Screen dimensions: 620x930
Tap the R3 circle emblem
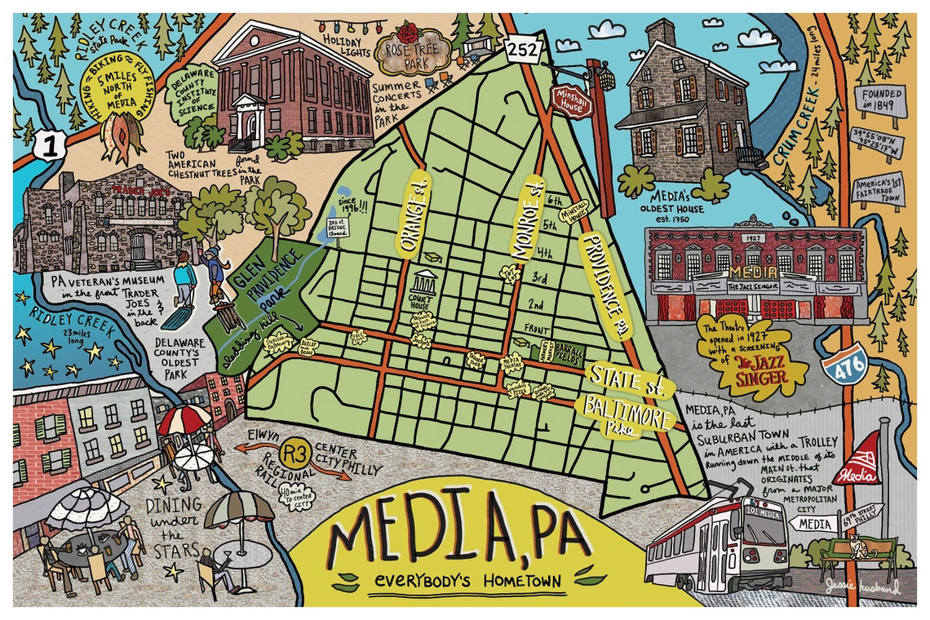click(293, 453)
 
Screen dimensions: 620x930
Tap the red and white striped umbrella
click(185, 420)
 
